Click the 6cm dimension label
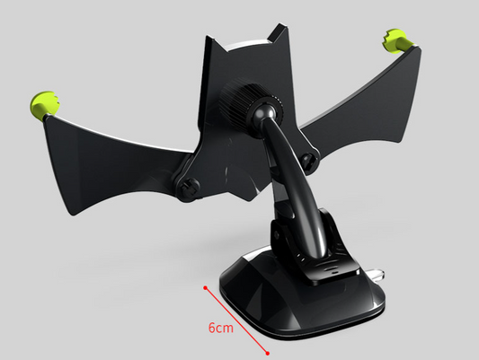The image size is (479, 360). (x=221, y=328)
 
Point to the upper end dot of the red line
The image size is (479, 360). (x=206, y=288)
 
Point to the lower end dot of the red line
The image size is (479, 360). (x=269, y=353)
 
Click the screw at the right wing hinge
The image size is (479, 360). (x=309, y=162)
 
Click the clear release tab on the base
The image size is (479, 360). (x=377, y=270)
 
